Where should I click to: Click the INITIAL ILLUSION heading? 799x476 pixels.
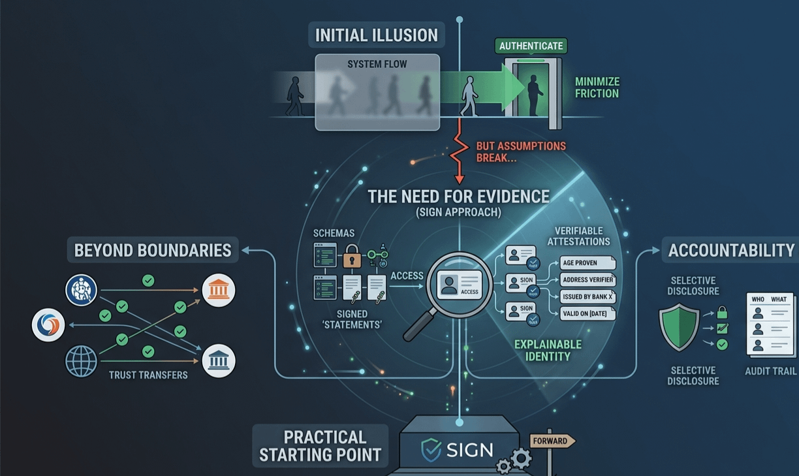[x=376, y=35]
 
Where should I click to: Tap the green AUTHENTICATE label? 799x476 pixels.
[x=530, y=46]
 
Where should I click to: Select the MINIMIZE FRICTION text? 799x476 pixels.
[x=597, y=87]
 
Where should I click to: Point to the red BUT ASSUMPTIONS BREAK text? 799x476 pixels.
[x=520, y=151]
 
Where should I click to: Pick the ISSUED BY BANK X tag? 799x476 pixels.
[x=587, y=296]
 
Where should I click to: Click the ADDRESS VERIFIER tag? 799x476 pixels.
[x=587, y=280]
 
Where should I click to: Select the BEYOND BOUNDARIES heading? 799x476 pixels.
[x=153, y=250]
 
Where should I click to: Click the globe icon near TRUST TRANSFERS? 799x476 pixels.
[x=81, y=361]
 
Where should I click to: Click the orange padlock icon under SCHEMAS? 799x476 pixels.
[x=351, y=256]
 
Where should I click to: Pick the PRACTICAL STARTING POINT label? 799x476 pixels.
[x=320, y=446]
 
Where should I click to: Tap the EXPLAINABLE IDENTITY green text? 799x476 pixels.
[x=548, y=350]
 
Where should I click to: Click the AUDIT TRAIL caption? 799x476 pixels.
[x=770, y=371]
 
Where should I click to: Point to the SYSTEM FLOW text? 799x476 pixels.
[x=377, y=64]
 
